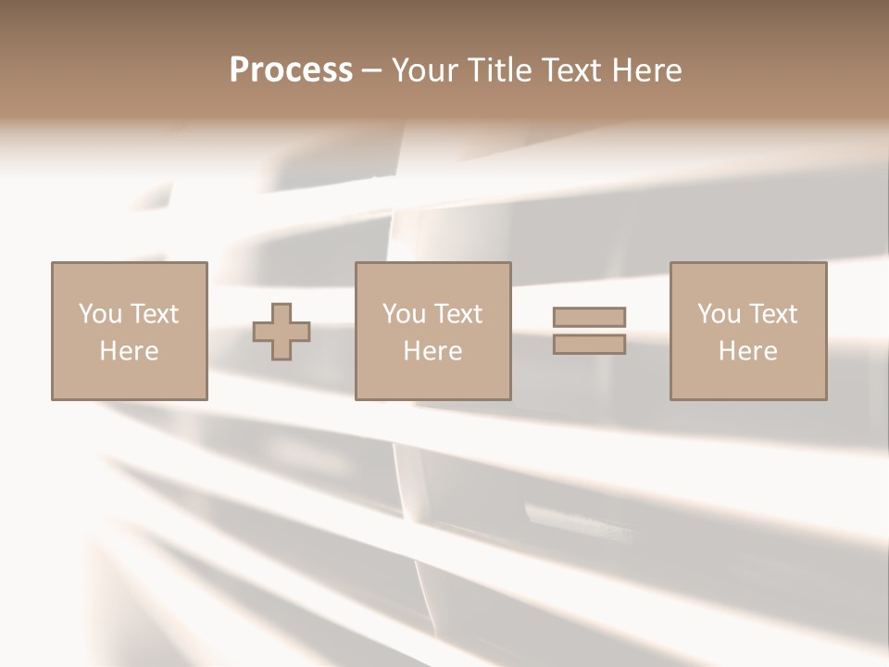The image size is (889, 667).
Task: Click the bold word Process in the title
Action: pyautogui.click(x=291, y=70)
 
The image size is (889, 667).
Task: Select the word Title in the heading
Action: pyautogui.click(x=500, y=70)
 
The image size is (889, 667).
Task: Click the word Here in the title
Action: pyautogui.click(x=652, y=70)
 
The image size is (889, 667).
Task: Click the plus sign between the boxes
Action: pyautogui.click(x=282, y=332)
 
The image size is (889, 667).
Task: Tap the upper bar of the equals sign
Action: pyautogui.click(x=589, y=318)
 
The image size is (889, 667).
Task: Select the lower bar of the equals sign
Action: pyautogui.click(x=589, y=345)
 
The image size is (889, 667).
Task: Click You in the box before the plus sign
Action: pyautogui.click(x=100, y=314)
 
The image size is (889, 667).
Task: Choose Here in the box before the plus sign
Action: pyautogui.click(x=129, y=351)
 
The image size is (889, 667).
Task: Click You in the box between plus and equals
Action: pyautogui.click(x=405, y=314)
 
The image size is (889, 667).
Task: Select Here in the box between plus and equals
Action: pyautogui.click(x=432, y=351)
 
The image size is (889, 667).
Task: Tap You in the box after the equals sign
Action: pyautogui.click(x=720, y=314)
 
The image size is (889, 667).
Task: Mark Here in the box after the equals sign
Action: pyautogui.click(x=747, y=351)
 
